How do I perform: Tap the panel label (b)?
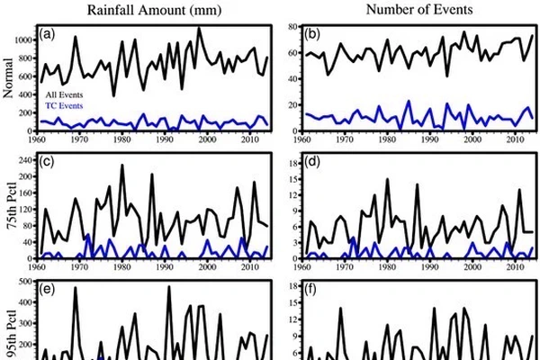pyautogui.click(x=316, y=37)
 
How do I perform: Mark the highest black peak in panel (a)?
pyautogui.click(x=199, y=28)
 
